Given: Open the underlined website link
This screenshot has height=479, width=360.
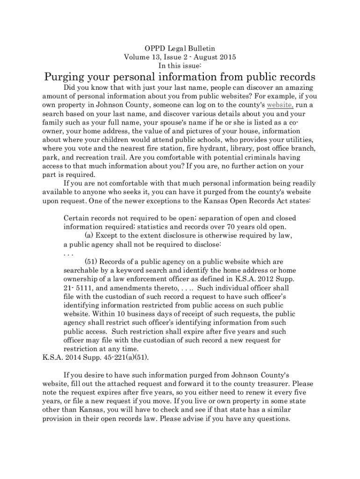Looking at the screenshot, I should (280, 105).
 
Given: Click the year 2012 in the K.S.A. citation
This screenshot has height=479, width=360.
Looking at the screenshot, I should (256, 279).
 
